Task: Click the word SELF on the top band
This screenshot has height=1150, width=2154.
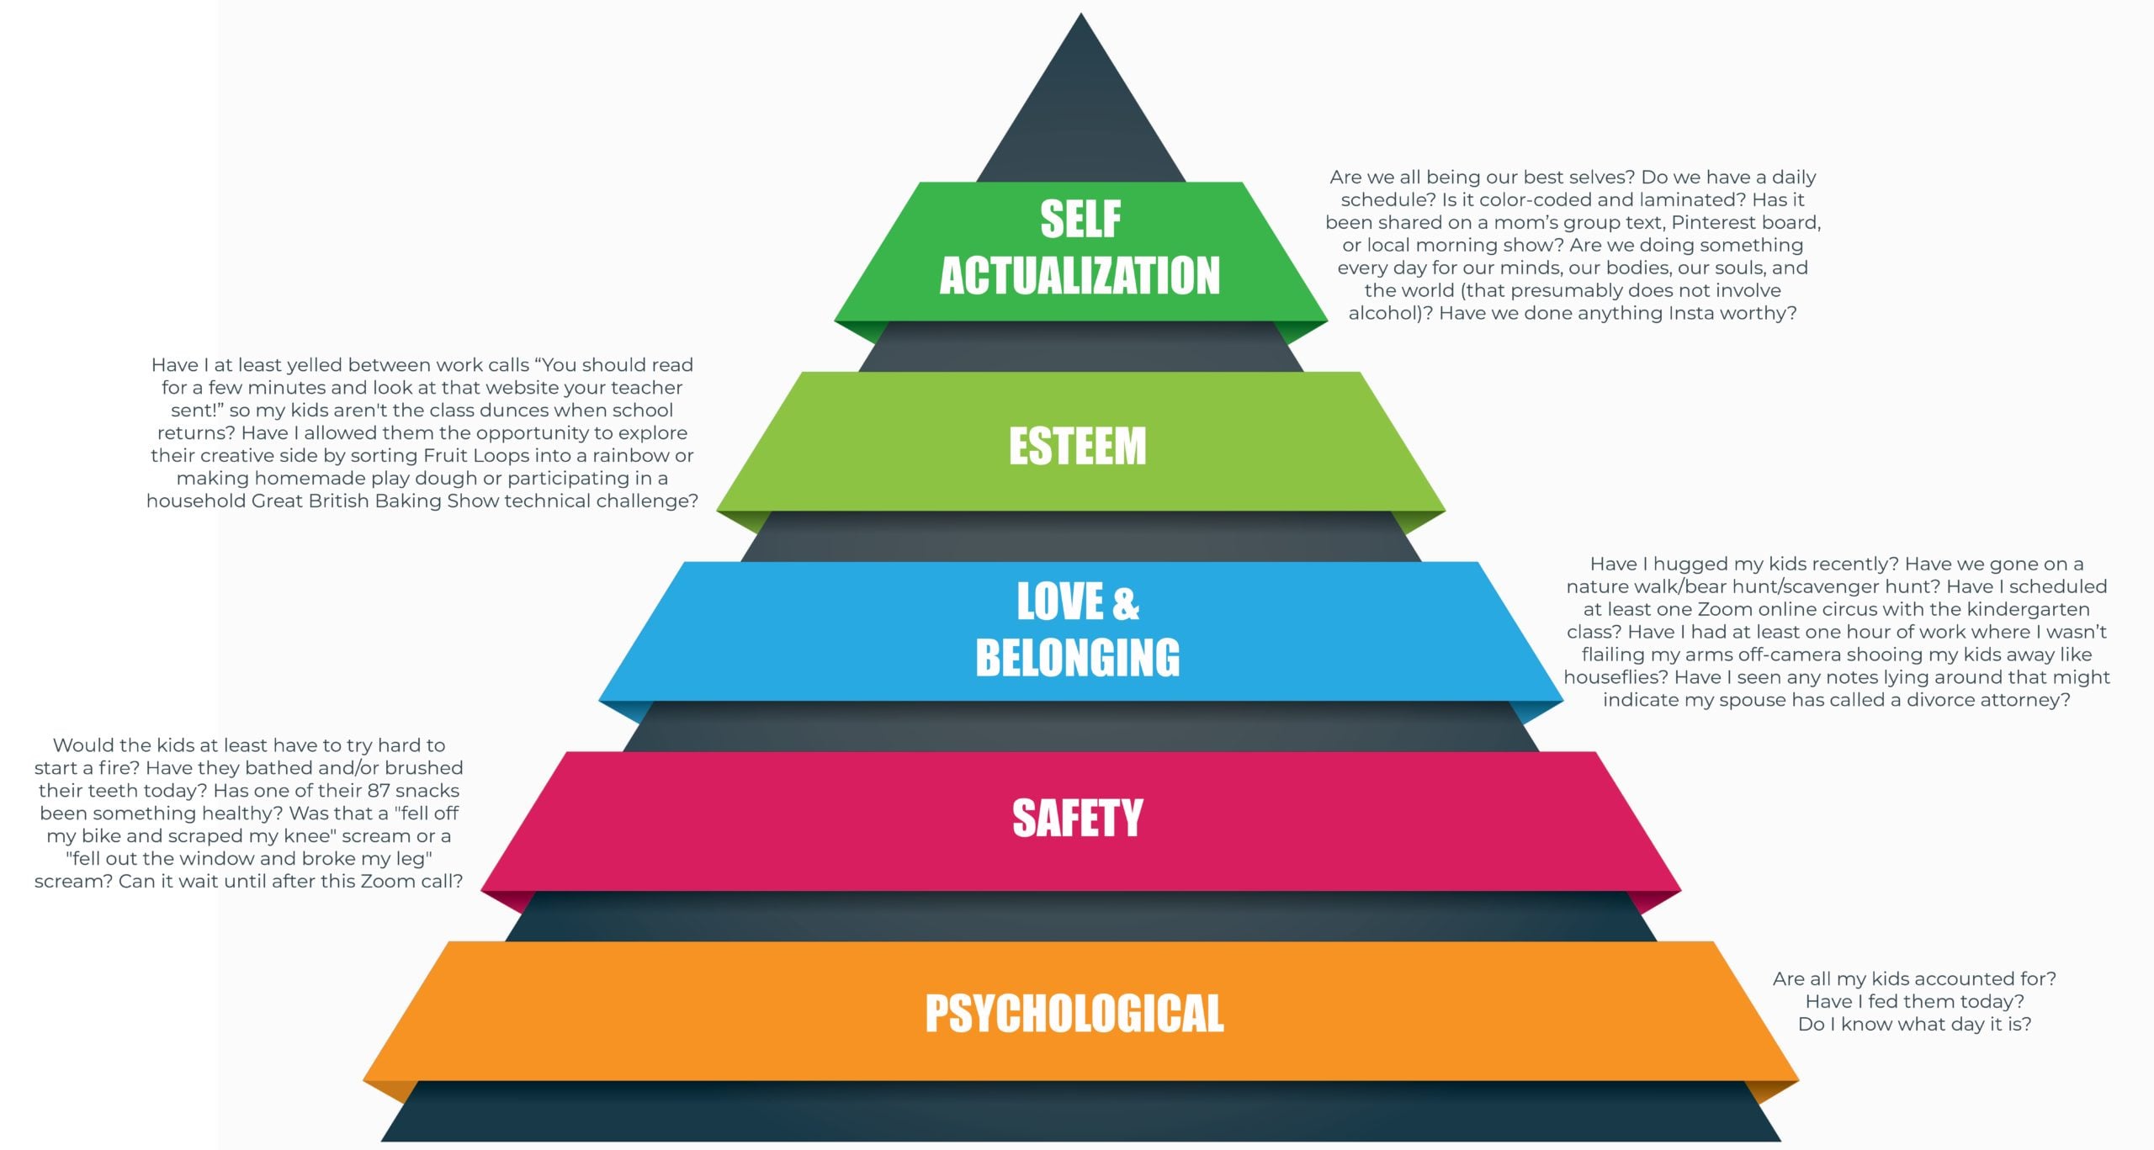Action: click(1080, 220)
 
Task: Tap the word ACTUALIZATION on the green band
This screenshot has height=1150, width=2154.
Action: click(1080, 276)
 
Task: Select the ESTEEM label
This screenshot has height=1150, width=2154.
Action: click(1078, 446)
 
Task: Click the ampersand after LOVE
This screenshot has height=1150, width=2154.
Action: click(1126, 603)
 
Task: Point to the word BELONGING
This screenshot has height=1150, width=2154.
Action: click(1078, 658)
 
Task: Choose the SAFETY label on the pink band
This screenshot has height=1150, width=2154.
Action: click(1078, 819)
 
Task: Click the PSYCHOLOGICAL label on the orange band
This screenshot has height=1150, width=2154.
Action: click(1074, 1014)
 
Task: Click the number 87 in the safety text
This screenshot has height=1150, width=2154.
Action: click(379, 791)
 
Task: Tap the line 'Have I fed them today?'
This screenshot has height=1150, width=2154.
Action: click(1915, 1002)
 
